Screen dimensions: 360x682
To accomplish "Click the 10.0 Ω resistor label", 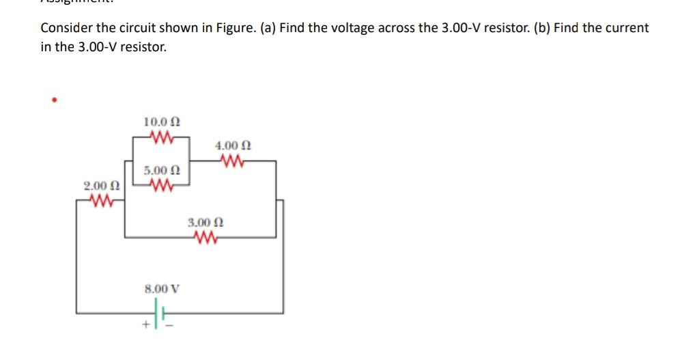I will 162,122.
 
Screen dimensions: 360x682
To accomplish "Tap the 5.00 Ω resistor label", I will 162,169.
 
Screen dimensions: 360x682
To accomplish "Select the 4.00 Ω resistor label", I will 233,146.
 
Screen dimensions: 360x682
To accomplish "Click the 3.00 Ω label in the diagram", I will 205,222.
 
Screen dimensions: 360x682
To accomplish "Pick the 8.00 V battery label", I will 162,288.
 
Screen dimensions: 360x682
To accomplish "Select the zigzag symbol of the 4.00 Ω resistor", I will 233,161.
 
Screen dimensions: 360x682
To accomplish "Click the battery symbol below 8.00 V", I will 162,313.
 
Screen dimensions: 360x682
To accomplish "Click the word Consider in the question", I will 63,29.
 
